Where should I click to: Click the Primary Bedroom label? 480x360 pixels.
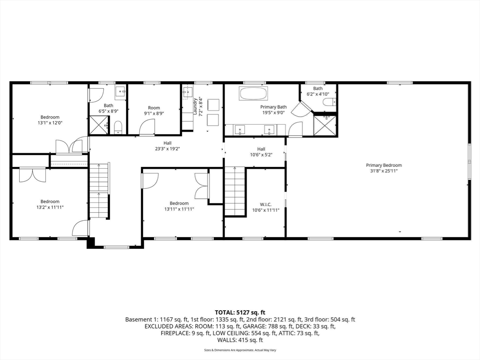click(384, 165)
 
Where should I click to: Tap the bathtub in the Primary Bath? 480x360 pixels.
click(253, 93)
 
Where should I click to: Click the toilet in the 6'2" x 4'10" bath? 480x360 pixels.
click(328, 102)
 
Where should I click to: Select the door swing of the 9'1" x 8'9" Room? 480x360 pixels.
click(147, 127)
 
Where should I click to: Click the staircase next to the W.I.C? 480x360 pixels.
click(235, 191)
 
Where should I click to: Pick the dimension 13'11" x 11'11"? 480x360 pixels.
click(179, 209)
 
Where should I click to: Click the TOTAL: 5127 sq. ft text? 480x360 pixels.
click(240, 312)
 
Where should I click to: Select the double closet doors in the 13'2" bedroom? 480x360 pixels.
click(32, 175)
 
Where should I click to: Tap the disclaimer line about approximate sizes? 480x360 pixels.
click(240, 350)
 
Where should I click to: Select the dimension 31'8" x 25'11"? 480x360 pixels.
click(384, 171)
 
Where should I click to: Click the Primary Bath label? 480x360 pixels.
click(273, 107)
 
